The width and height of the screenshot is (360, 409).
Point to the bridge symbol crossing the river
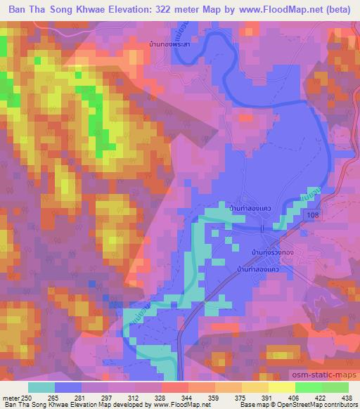[262, 229]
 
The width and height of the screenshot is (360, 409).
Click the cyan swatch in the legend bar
[41, 387]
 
